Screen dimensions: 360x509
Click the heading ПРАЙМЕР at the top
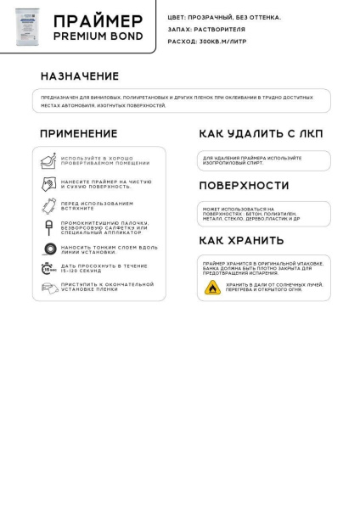pos(98,20)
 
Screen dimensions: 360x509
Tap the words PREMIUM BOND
pos(98,37)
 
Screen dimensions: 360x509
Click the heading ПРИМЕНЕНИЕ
pos(78,134)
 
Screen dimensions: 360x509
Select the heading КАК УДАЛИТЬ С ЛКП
pos(261,134)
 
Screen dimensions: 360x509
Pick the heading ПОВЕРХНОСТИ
pos(243,186)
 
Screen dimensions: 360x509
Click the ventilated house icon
pos(50,160)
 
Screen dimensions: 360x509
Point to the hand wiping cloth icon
pos(50,184)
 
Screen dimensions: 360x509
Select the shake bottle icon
pos(50,206)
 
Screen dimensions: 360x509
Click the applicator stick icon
pos(50,228)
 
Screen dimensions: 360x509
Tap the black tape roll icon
pos(50,249)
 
